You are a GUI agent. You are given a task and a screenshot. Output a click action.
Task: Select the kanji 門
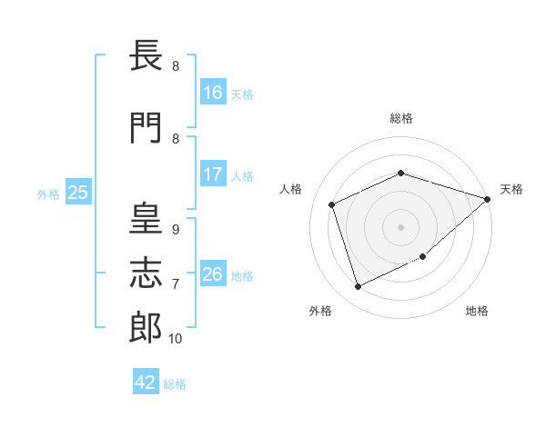point(147,128)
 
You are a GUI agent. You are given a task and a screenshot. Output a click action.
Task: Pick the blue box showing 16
point(213,92)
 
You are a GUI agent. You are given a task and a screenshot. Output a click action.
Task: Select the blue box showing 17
point(213,174)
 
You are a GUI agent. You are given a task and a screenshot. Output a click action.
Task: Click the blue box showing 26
point(213,273)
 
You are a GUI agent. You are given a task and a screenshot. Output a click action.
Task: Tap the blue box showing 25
point(77,193)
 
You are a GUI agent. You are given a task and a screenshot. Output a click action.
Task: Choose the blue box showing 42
point(146,382)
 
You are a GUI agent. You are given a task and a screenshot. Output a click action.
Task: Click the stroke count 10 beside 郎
point(175,339)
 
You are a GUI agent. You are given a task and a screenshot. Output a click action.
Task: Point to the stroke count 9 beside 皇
point(175,230)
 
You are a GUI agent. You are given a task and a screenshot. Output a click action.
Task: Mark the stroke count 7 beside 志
point(175,284)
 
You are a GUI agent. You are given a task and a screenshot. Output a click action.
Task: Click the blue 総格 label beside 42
point(175,384)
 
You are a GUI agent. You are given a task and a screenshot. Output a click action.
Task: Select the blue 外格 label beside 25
point(48,194)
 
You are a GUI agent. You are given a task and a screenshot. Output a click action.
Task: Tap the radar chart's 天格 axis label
point(511,189)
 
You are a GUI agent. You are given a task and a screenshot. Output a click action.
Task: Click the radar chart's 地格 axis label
point(477,311)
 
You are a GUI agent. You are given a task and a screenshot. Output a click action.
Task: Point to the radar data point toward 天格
point(488,199)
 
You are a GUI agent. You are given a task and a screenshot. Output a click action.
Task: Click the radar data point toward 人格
point(332,204)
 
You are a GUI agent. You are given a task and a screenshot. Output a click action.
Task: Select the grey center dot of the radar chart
point(400,226)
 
